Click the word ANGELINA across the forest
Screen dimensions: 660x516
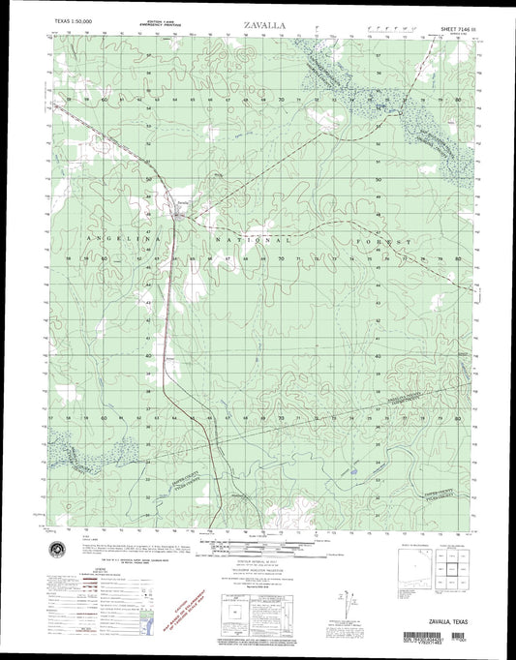(x=126, y=237)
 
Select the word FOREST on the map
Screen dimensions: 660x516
(x=404, y=241)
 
